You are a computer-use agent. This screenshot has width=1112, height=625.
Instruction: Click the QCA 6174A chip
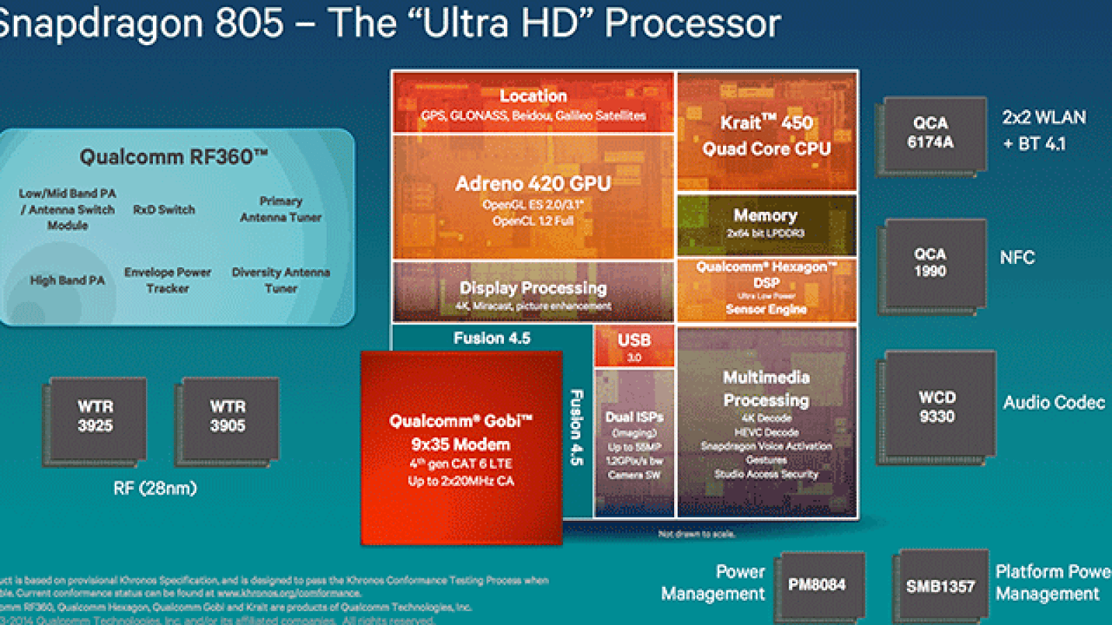tap(931, 133)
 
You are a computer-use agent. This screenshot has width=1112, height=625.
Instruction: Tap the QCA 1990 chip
tap(931, 263)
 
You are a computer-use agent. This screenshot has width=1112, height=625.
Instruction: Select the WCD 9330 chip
tap(937, 407)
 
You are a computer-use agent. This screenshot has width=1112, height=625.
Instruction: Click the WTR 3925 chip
tap(95, 417)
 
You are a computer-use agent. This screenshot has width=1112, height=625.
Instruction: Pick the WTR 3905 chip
tap(228, 417)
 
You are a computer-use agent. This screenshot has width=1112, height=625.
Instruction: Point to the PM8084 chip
tap(817, 585)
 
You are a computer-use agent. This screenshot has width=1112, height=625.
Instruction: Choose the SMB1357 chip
tap(940, 587)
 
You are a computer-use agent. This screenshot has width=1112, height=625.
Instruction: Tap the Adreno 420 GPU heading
tap(533, 183)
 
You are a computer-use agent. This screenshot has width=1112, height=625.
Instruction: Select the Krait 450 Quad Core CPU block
tap(767, 135)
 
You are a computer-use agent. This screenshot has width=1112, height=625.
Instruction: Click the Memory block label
tap(765, 216)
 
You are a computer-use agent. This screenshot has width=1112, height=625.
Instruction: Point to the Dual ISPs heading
tap(634, 417)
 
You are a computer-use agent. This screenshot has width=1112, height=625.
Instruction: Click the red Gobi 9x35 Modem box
tap(461, 448)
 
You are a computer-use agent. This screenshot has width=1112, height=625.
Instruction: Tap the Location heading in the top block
tap(533, 96)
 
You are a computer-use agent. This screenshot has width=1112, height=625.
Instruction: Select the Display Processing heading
tap(533, 287)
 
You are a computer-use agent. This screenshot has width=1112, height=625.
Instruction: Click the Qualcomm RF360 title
tap(173, 157)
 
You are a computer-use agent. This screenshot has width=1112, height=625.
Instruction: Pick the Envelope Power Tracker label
tap(167, 280)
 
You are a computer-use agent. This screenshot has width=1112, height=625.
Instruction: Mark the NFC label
tap(1017, 258)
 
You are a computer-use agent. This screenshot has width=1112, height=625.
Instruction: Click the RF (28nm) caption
tap(155, 488)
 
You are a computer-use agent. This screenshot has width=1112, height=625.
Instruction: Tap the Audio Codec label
tap(1054, 403)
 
